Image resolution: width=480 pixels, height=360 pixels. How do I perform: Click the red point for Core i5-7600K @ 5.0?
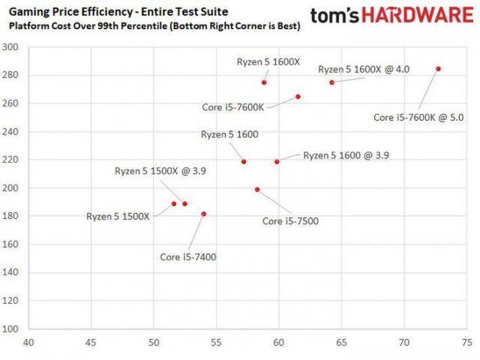[438, 68]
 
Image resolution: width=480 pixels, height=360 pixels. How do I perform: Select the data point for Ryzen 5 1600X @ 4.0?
[331, 82]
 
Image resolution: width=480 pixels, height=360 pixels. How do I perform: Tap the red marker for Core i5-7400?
[203, 214]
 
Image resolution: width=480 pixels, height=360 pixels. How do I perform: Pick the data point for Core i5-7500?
[257, 190]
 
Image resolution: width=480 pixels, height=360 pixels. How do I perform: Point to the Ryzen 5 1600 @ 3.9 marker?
[277, 161]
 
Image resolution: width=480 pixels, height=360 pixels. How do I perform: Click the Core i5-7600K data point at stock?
[298, 97]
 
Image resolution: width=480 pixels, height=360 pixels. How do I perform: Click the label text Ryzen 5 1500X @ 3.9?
[160, 171]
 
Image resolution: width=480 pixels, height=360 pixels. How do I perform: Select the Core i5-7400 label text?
[188, 257]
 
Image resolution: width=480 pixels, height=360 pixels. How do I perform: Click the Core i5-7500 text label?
[291, 221]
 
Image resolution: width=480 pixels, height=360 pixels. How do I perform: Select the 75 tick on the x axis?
[466, 343]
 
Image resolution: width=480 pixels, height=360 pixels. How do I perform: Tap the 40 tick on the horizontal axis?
[28, 343]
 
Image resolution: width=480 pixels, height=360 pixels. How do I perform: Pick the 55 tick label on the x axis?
[216, 343]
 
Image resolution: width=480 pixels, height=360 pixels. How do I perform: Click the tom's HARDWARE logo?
[394, 16]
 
